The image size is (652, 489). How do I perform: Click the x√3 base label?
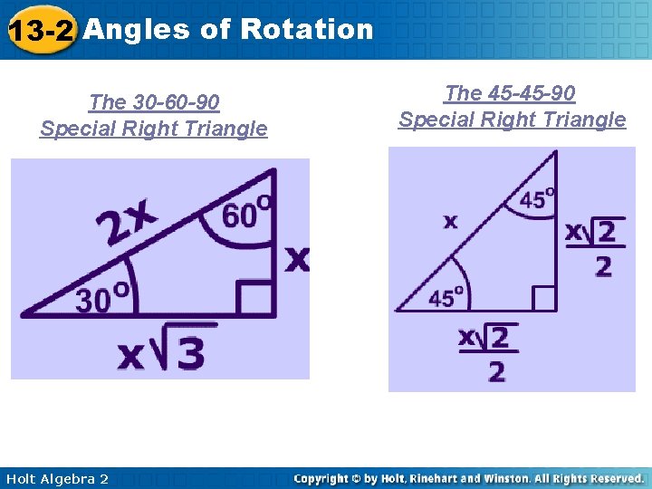click(x=162, y=353)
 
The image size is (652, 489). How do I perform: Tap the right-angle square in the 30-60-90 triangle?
click(x=256, y=297)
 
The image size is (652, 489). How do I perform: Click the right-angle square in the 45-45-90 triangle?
click(x=542, y=297)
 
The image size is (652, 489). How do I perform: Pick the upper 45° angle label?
click(x=537, y=198)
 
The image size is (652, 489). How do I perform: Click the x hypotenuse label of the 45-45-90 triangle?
click(x=450, y=221)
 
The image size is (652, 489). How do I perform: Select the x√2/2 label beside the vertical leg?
click(x=592, y=246)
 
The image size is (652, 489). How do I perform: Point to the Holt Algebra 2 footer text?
click(x=56, y=478)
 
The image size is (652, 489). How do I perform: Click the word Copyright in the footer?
click(x=322, y=478)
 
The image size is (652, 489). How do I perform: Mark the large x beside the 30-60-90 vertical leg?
click(x=297, y=260)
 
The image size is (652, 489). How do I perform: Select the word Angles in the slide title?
click(x=137, y=29)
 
